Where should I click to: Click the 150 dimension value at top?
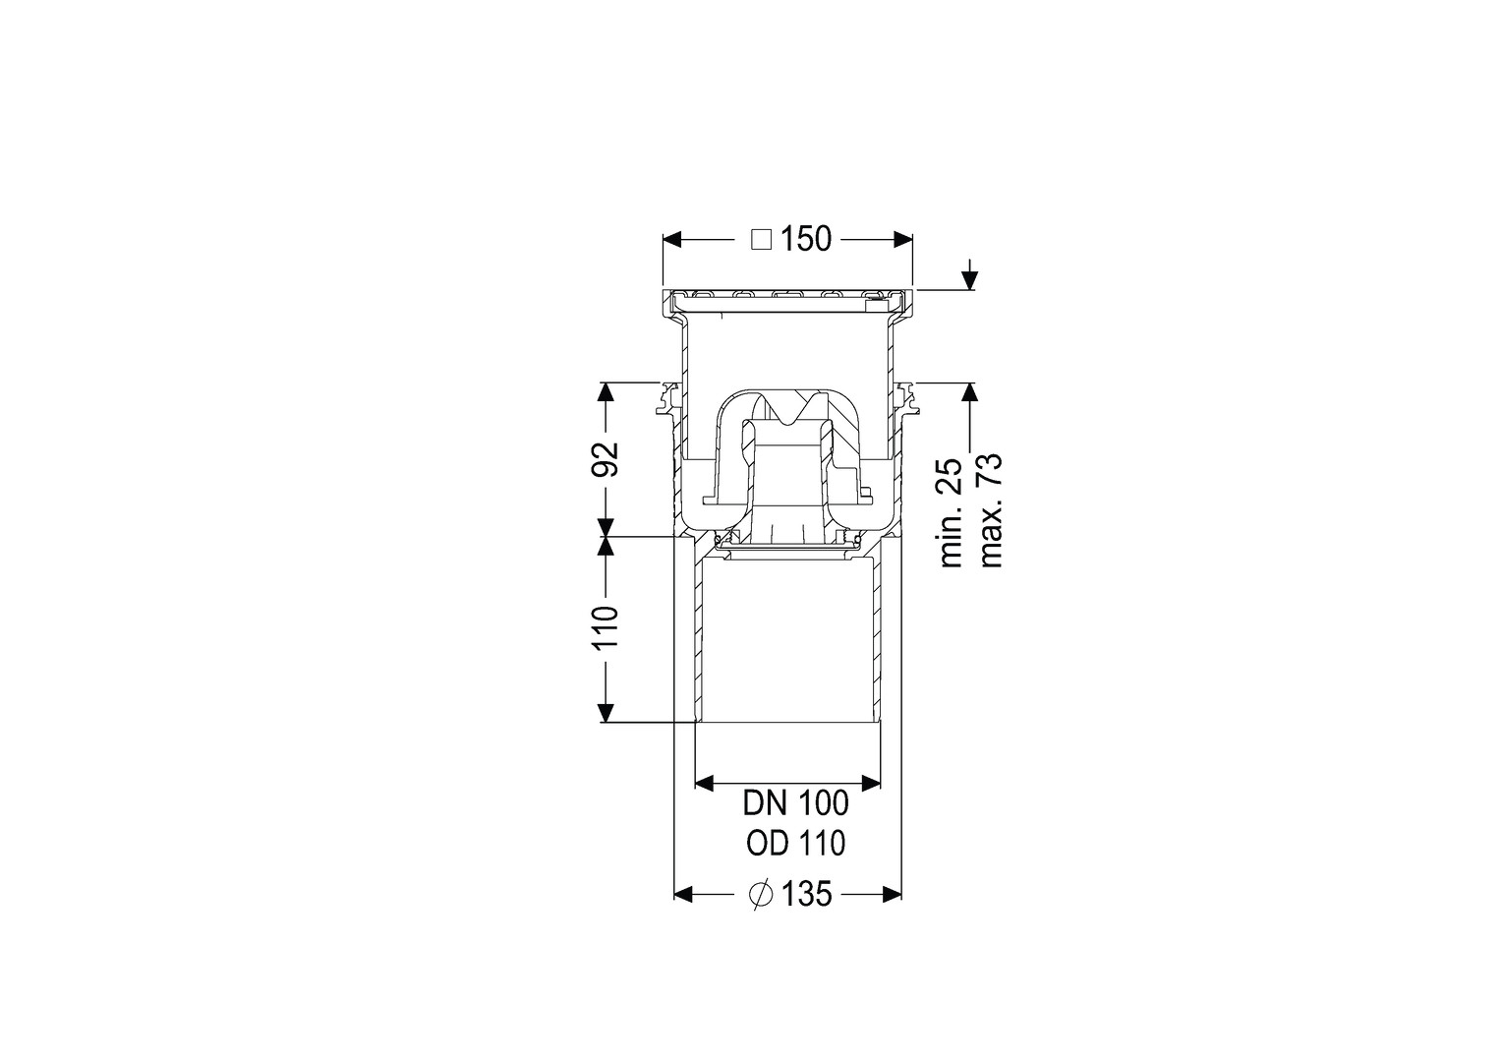[806, 240]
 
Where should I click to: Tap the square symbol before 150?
[761, 240]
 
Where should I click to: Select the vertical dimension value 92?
[605, 459]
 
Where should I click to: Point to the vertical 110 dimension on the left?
[605, 627]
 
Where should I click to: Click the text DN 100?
[796, 803]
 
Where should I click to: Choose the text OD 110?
[796, 844]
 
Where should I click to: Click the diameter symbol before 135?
[761, 894]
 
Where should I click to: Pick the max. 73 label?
[991, 510]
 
